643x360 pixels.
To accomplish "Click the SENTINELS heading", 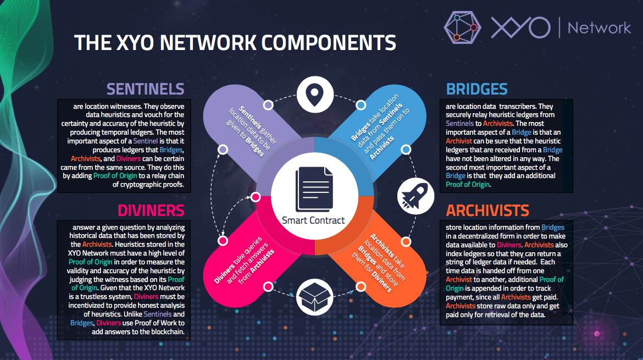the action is (145, 89).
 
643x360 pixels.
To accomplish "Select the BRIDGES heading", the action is (476, 89).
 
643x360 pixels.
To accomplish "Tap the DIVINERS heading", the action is (151, 211).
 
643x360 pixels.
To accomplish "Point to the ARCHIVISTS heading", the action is (487, 211).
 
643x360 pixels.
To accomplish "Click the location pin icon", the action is (314, 94).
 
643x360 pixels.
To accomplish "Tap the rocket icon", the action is (415, 196).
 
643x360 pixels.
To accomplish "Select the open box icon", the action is (314, 297).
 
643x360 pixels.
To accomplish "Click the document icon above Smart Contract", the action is (314, 189).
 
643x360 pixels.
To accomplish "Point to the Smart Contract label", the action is (313, 220).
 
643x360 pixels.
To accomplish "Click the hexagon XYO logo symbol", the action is (462, 27).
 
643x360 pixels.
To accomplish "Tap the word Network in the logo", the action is (599, 28).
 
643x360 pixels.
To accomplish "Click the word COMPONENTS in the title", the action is (328, 43).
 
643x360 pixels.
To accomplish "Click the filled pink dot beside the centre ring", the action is (256, 197).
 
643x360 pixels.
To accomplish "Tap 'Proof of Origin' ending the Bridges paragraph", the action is (468, 185).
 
